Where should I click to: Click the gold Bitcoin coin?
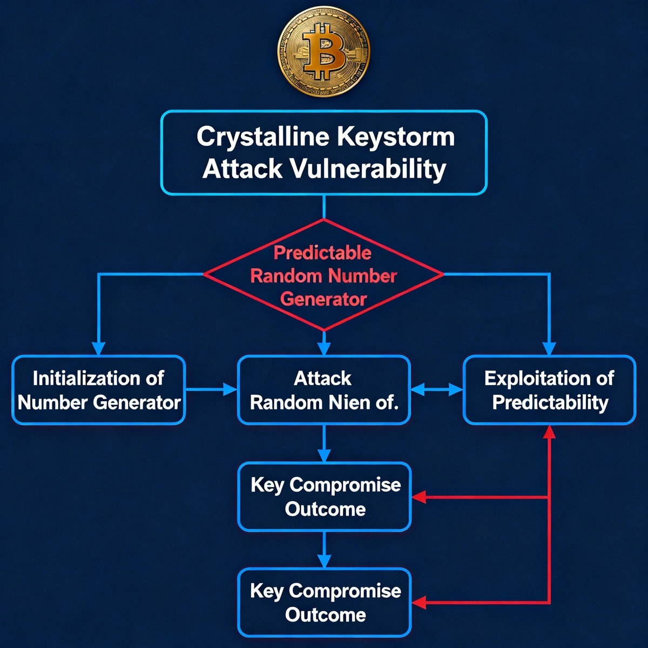pyautogui.click(x=324, y=52)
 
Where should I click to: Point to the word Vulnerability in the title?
pyautogui.click(x=368, y=169)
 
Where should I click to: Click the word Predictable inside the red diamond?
pyautogui.click(x=322, y=253)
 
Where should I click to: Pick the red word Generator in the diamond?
pyautogui.click(x=323, y=299)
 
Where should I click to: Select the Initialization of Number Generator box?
pyautogui.click(x=99, y=390)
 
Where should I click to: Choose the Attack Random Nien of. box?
pyautogui.click(x=323, y=390)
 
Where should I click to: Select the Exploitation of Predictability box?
pyautogui.click(x=549, y=390)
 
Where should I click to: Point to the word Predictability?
pyautogui.click(x=550, y=403)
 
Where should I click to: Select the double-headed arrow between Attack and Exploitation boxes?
pyautogui.click(x=436, y=389)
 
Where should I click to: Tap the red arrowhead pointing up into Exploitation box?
pyautogui.click(x=549, y=431)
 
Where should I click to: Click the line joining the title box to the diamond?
pyautogui.click(x=323, y=207)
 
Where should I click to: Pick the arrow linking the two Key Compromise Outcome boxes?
pyautogui.click(x=323, y=549)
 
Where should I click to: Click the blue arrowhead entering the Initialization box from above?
pyautogui.click(x=98, y=348)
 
